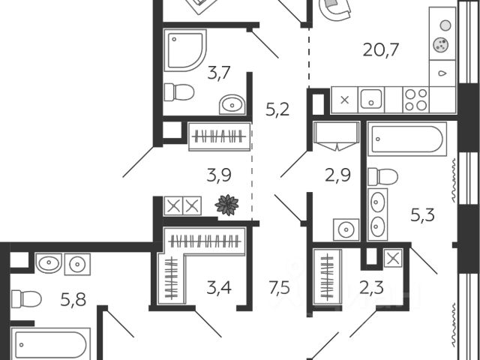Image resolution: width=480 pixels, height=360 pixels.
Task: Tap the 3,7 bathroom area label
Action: pos(220,73)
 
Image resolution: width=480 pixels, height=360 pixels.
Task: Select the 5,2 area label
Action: pos(277,110)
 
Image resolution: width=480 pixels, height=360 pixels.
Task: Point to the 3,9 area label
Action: pos(220,175)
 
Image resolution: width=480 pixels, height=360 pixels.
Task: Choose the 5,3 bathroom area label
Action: pos(422,217)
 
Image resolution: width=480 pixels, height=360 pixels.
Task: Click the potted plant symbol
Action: pos(226,204)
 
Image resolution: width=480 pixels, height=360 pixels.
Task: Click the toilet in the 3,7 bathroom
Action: pos(179,92)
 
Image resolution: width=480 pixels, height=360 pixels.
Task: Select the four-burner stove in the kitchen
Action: pos(416,100)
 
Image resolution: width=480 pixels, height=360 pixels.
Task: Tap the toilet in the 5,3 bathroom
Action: pos(383,177)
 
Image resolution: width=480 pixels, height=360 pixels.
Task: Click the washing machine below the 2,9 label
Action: pos(346,229)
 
